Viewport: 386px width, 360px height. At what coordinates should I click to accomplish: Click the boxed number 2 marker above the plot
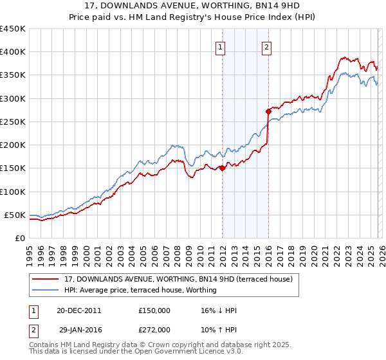(x=266, y=46)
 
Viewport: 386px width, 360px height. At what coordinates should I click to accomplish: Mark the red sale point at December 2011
(x=222, y=168)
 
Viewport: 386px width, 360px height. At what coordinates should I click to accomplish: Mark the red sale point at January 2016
(x=268, y=111)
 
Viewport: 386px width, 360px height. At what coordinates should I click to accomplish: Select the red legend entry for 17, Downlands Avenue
(x=179, y=279)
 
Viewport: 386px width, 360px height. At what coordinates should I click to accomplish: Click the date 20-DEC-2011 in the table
(x=78, y=310)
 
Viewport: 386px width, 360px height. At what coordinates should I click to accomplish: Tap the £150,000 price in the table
(x=154, y=310)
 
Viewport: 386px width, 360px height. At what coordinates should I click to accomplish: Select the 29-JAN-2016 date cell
(x=78, y=329)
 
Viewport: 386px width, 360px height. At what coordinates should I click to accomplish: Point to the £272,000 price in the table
(x=154, y=329)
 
